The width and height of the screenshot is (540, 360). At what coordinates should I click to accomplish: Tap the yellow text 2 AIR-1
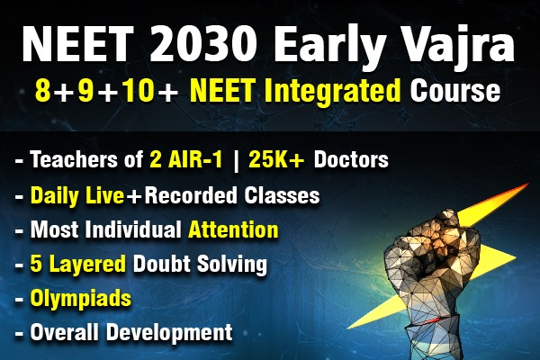(x=187, y=162)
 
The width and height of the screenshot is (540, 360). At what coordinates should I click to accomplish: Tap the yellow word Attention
(x=233, y=230)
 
